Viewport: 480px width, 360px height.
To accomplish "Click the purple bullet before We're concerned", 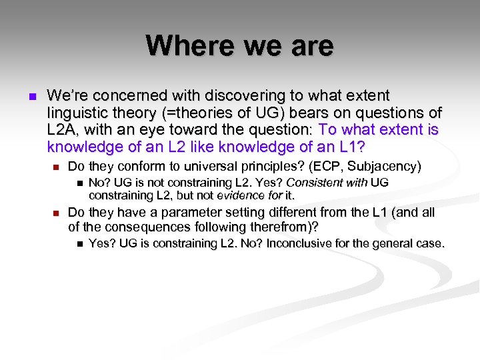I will [x=31, y=97].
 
